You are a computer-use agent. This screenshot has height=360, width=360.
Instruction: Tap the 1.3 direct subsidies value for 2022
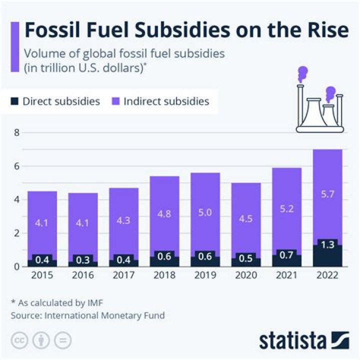point(328,244)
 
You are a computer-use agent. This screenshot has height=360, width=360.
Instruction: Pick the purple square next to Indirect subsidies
point(114,101)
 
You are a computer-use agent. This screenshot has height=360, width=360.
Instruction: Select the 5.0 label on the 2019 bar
point(205,212)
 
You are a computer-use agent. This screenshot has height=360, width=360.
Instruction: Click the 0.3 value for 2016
point(82,259)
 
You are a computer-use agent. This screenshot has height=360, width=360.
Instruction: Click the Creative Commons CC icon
point(19,340)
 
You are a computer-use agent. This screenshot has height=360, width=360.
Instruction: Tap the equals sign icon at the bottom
point(62,340)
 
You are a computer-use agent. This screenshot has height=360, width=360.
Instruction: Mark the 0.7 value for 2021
point(287,255)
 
